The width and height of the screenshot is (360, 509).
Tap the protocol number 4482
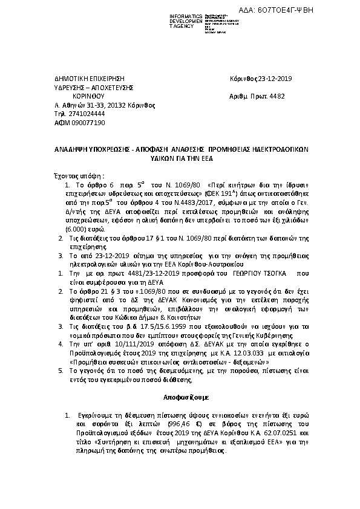tap(276, 96)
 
